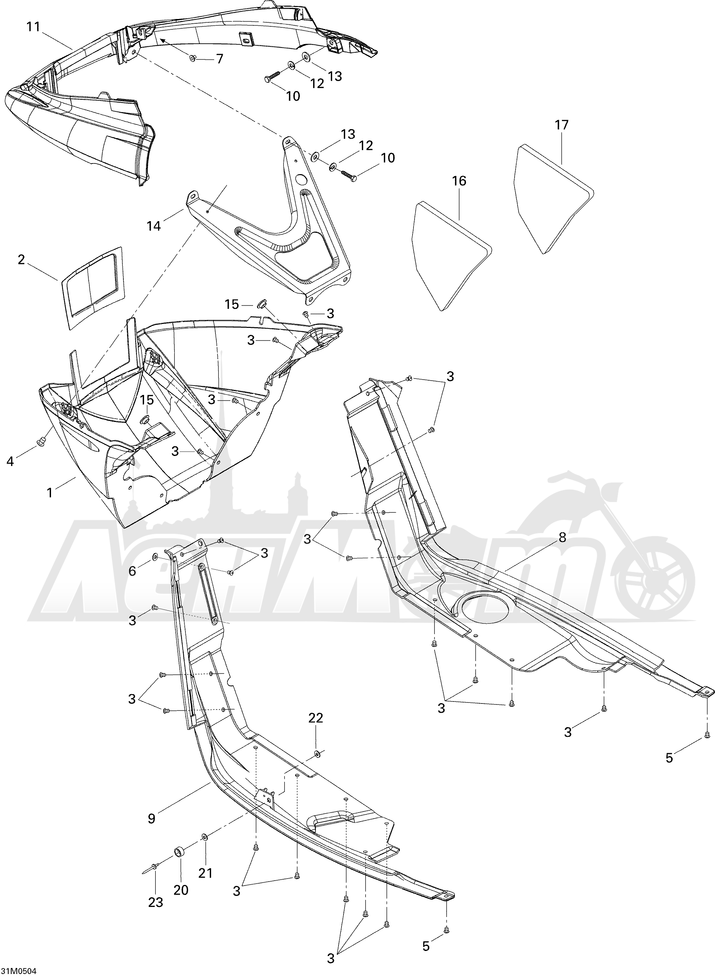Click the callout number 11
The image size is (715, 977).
click(x=33, y=27)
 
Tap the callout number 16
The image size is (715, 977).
click(x=459, y=181)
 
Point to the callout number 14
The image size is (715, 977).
click(x=154, y=225)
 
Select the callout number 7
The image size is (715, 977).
click(x=219, y=58)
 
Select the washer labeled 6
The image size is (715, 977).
click(x=154, y=556)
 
